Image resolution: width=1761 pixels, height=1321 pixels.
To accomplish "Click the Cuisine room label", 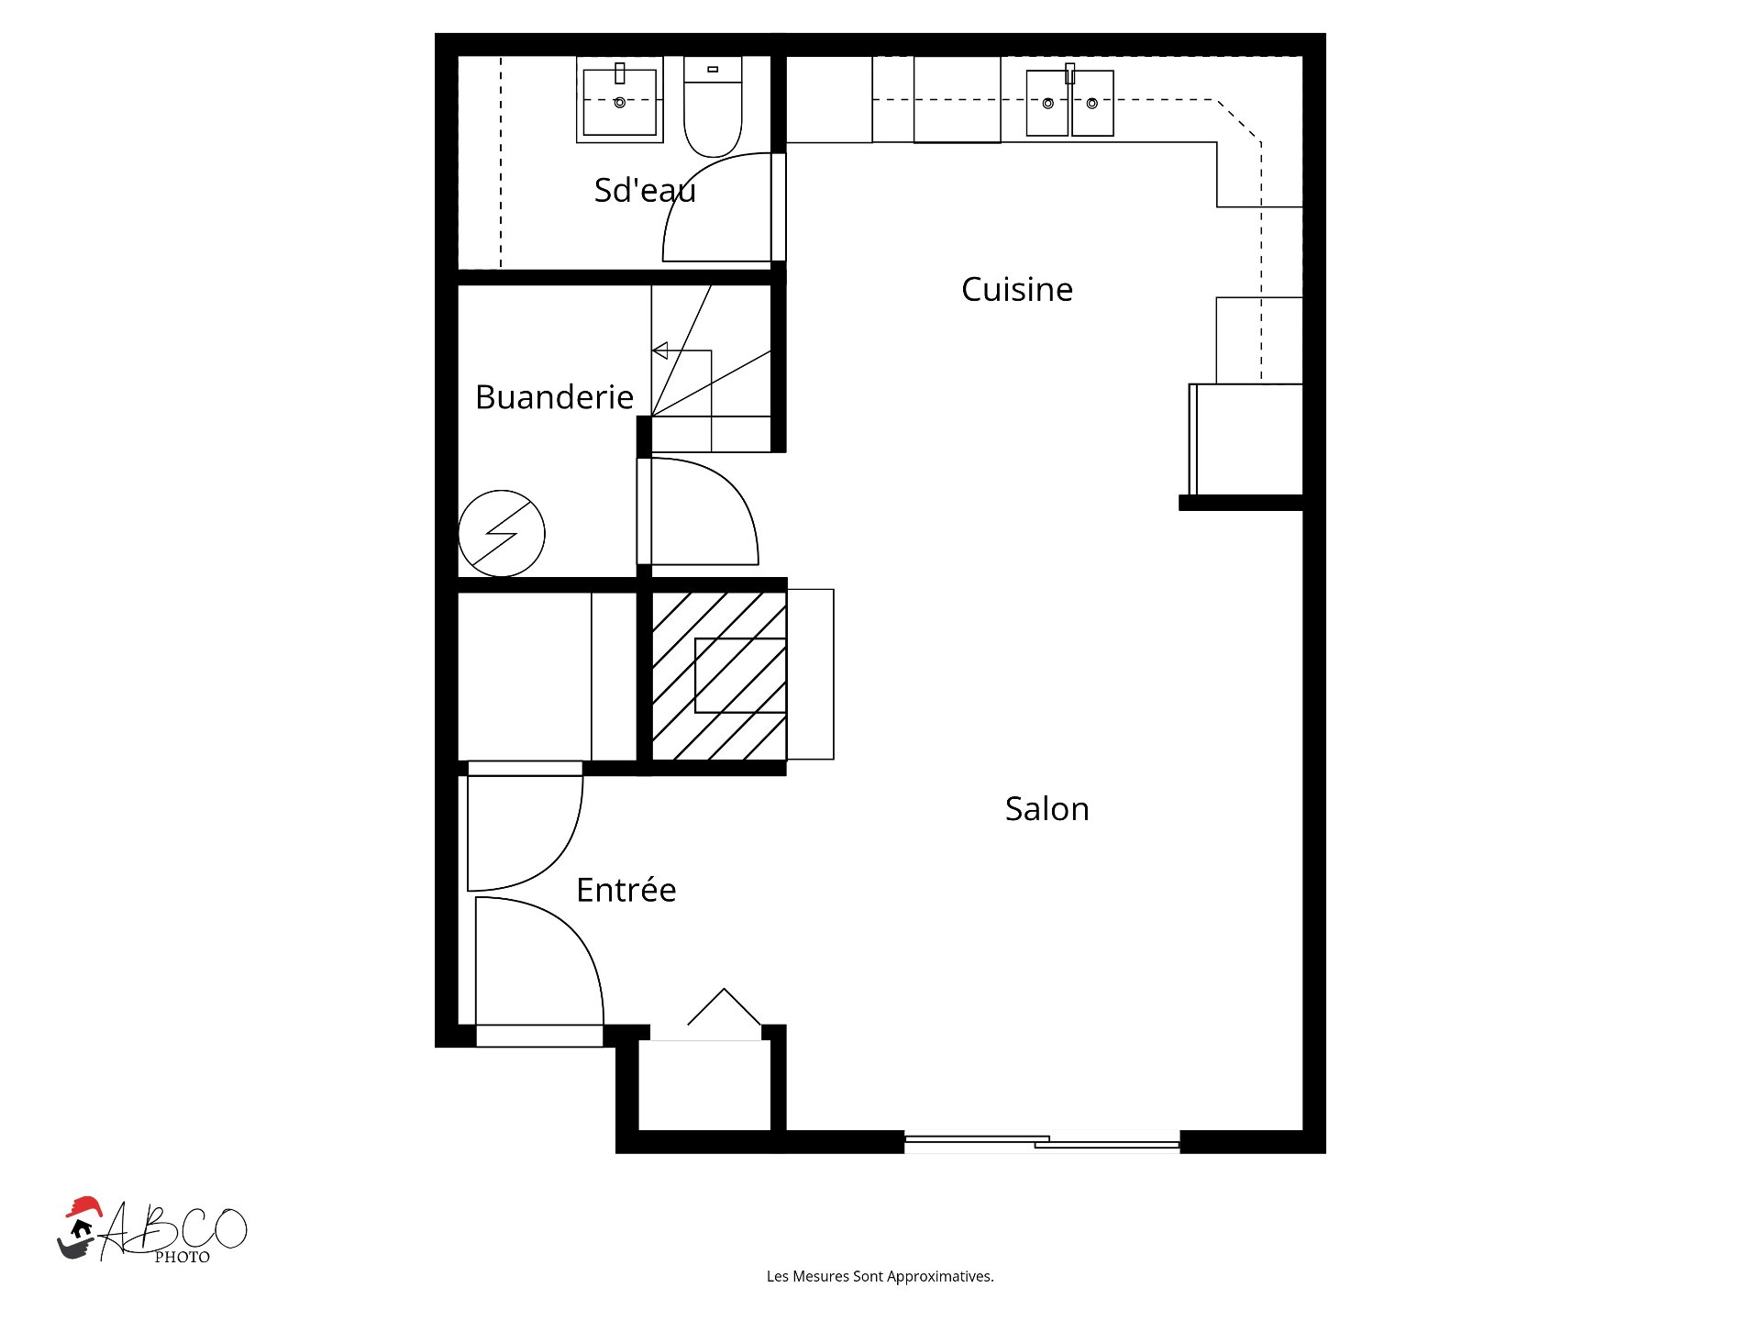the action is [1017, 290].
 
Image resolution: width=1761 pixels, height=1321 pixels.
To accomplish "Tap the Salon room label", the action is [1047, 809].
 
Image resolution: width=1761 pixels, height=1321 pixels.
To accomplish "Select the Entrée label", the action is [626, 889].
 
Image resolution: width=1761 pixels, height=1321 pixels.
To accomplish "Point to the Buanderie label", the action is [555, 397].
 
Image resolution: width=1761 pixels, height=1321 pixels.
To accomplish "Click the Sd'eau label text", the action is [645, 190].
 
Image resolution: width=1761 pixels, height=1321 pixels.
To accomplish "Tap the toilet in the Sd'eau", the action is [713, 106].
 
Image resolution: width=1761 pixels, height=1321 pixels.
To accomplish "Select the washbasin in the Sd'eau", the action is [620, 100].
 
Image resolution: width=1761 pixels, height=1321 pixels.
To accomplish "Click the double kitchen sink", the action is [1070, 103].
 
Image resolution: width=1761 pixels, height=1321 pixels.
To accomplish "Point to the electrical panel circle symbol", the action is [502, 534].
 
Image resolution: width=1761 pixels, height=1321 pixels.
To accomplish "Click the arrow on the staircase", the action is [682, 351].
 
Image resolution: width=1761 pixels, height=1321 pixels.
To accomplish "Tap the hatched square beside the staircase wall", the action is [719, 676].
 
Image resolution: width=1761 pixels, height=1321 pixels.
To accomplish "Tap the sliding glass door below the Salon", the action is [1042, 1142].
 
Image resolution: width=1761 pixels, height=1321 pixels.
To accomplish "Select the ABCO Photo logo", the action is [152, 1231].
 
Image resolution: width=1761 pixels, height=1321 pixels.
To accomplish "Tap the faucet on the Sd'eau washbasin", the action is [620, 73].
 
